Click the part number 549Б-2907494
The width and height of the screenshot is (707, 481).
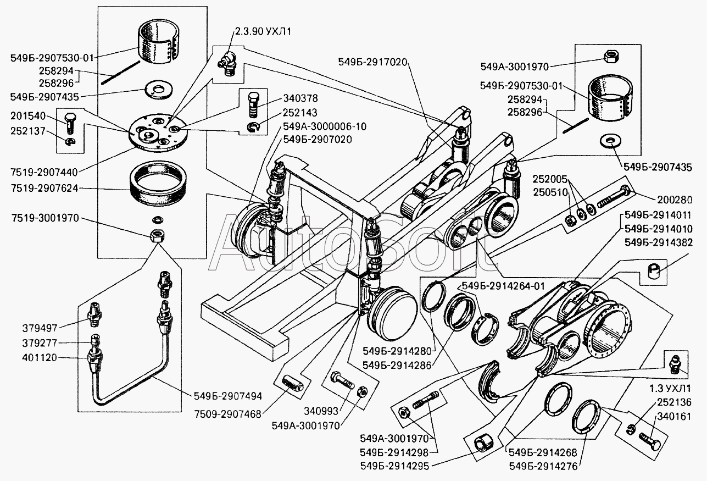tap(227, 395)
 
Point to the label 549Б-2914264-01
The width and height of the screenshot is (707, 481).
tap(503, 285)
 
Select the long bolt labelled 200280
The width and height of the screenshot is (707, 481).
tap(615, 198)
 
